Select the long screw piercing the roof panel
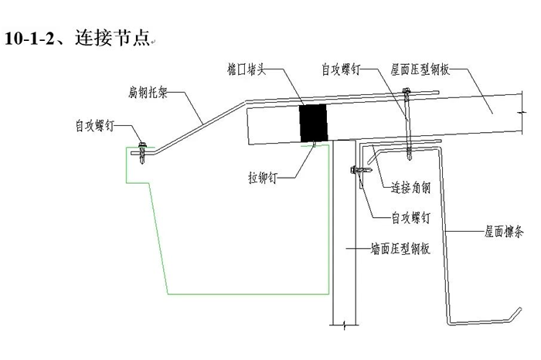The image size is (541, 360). (x=406, y=124)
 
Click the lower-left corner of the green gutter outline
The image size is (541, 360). (x=168, y=294)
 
